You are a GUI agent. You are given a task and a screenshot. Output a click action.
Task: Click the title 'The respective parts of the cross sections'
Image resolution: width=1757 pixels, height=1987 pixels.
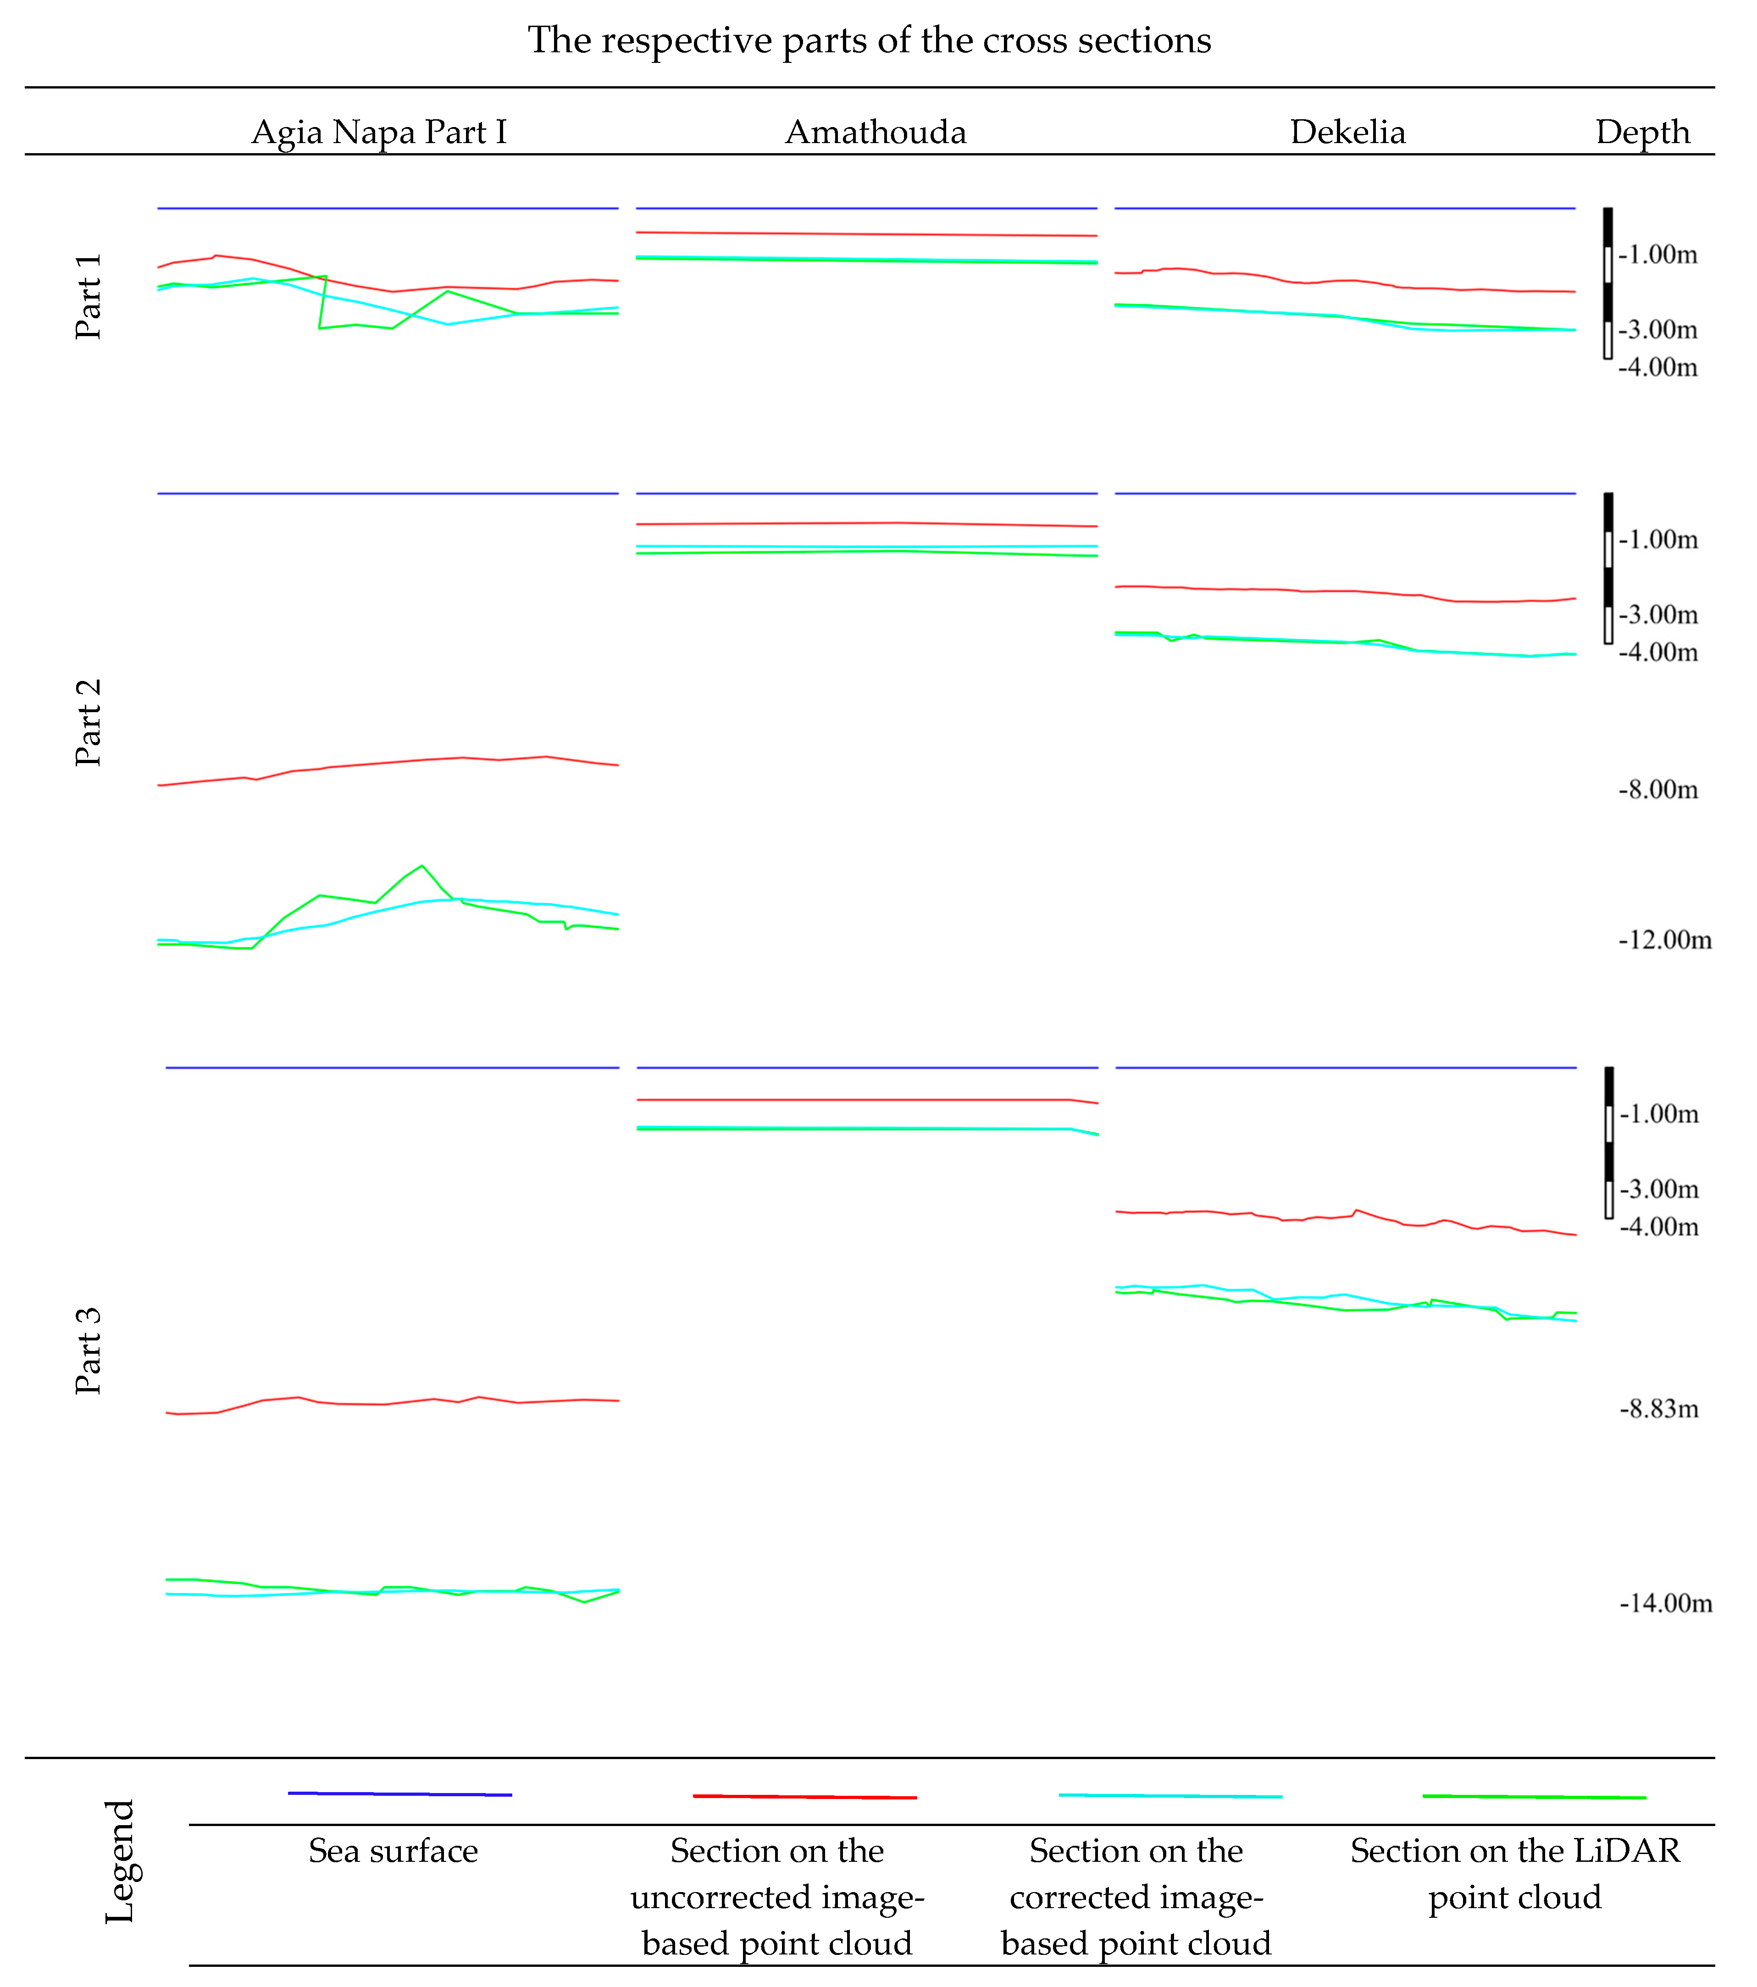point(869,41)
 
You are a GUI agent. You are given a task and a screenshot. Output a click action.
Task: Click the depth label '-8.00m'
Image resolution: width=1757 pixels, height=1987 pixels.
point(1658,789)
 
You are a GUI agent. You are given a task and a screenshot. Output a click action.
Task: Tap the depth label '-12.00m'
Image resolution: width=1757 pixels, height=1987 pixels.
point(1665,940)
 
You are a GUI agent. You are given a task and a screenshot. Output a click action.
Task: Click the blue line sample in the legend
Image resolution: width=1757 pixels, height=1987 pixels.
point(399,1793)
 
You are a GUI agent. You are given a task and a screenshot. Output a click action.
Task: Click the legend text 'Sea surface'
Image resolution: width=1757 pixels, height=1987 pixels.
point(393,1851)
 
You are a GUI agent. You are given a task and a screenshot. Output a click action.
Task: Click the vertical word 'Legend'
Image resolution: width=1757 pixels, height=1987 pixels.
point(120,1862)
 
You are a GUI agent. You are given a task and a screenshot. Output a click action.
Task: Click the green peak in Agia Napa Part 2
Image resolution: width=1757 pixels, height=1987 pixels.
point(421,866)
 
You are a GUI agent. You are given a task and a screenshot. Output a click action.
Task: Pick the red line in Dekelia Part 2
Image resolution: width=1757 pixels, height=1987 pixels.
point(1342,591)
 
